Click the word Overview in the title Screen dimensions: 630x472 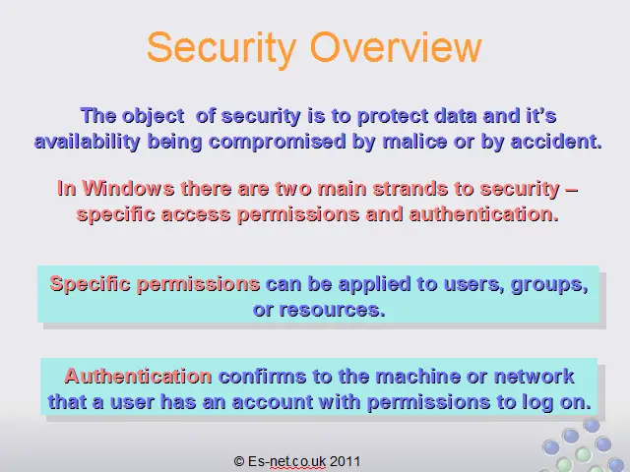[396, 47]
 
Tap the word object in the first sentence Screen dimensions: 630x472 [154, 117]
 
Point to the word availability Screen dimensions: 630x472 [88, 142]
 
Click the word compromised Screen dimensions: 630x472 [278, 142]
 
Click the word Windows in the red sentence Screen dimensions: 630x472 [128, 188]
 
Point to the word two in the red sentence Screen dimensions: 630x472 [293, 189]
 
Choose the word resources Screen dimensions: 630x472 [332, 310]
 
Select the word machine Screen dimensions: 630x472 [417, 377]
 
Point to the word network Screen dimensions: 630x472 [534, 377]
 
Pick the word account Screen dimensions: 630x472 [273, 402]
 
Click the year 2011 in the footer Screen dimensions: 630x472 [346, 461]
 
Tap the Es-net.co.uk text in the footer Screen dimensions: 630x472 [286, 461]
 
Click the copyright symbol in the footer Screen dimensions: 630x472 [239, 461]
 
